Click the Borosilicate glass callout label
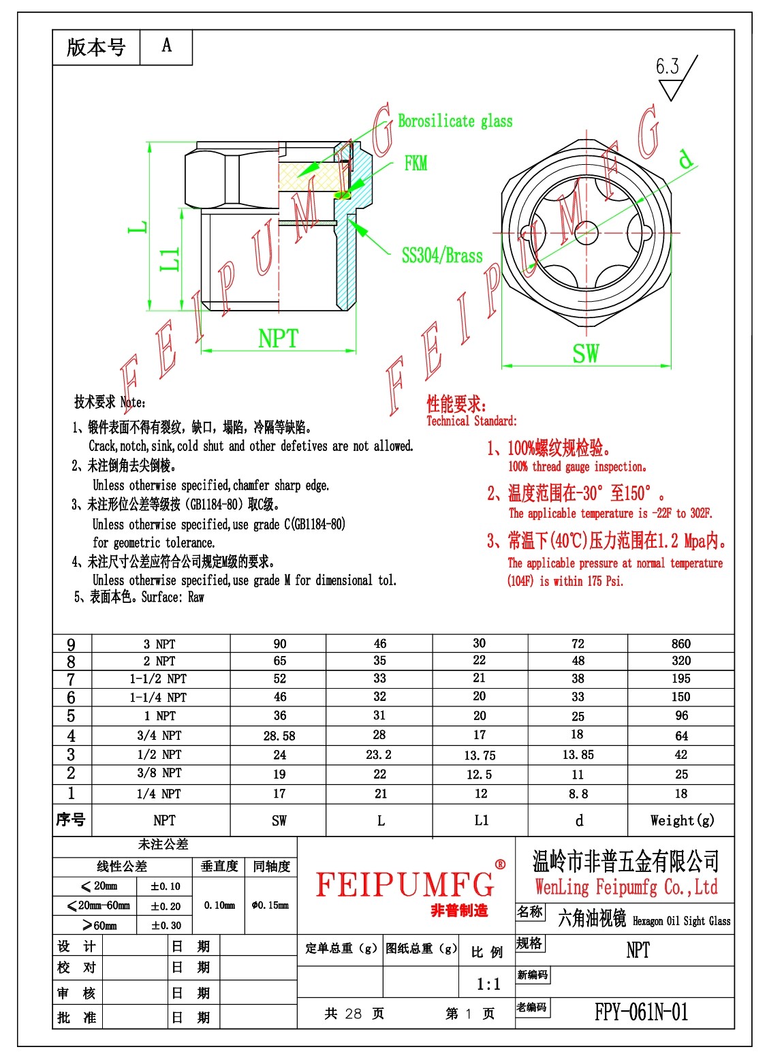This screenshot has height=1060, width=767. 455,121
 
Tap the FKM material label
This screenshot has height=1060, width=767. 416,163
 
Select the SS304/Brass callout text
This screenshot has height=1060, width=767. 442,255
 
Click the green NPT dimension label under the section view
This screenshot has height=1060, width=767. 278,338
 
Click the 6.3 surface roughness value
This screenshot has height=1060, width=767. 667,66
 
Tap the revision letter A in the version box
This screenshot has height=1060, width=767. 167,46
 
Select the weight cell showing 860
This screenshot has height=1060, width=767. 681,644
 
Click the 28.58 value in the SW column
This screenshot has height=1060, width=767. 279,736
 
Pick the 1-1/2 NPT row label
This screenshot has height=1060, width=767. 158,679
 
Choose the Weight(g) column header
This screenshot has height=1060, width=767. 682,821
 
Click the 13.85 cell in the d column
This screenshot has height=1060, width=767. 578,754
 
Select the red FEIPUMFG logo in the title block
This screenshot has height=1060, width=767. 405,884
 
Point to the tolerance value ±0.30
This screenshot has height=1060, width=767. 166,925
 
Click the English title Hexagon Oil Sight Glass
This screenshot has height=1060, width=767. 681,921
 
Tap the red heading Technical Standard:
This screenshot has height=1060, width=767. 471,421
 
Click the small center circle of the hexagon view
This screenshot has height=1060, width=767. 586,232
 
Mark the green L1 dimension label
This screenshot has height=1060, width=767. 170,260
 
